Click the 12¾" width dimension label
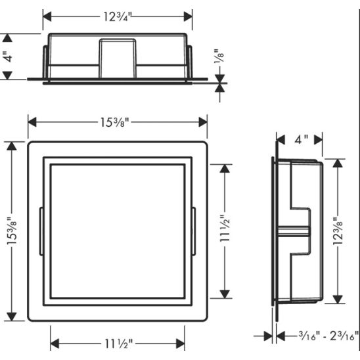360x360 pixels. click(x=118, y=17)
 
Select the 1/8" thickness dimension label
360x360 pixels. click(x=219, y=56)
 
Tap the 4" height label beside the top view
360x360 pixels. click(x=9, y=56)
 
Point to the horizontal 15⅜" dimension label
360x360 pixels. click(x=114, y=122)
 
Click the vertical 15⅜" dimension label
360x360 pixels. click(x=12, y=231)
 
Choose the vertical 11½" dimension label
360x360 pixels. click(x=225, y=228)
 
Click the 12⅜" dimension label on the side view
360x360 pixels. click(x=338, y=231)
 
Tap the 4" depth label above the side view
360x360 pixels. click(x=301, y=139)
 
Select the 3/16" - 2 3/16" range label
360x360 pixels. click(x=328, y=336)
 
